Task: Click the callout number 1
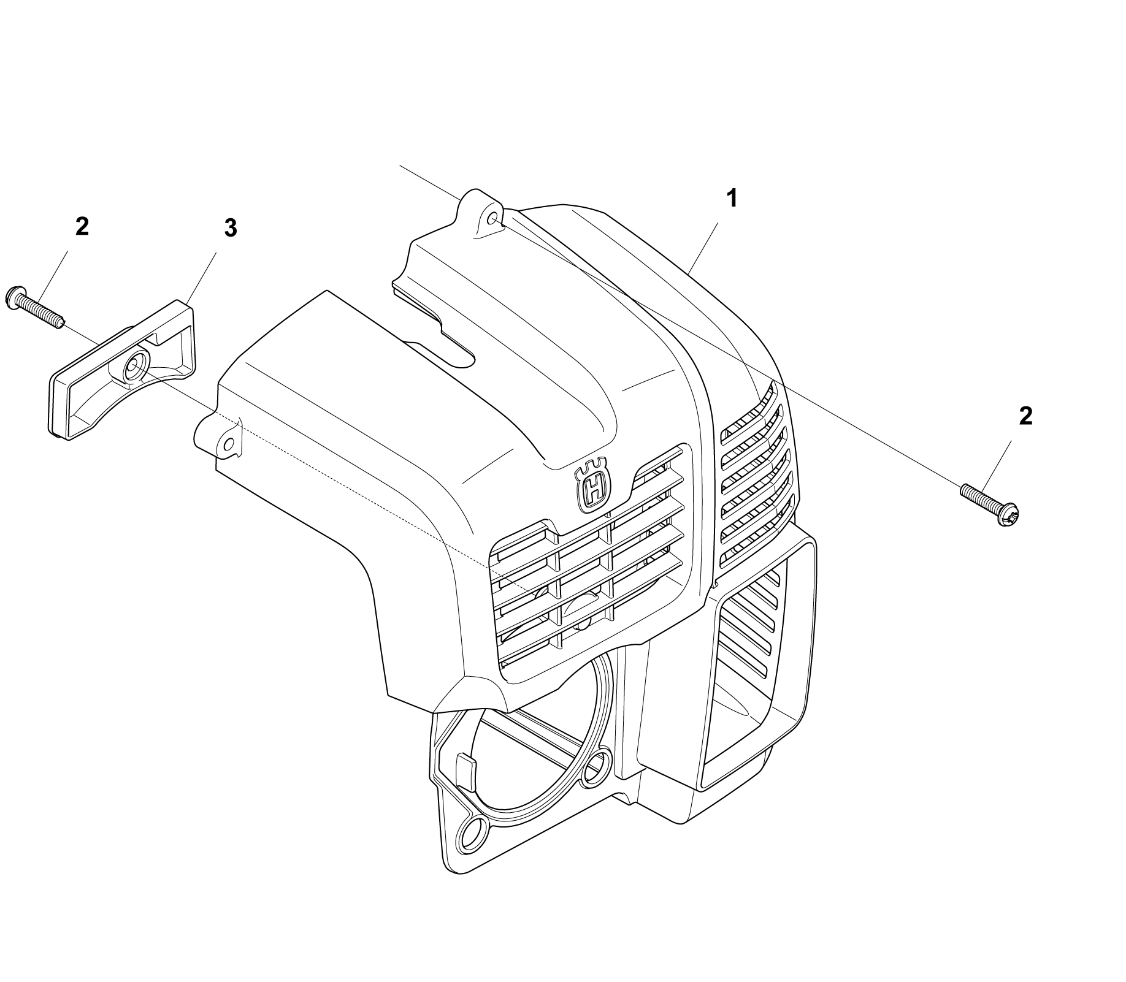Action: coord(732,199)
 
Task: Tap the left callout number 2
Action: coord(82,227)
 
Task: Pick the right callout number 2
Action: coord(1025,416)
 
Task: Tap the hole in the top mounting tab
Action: coord(491,218)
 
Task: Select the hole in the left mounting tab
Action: coord(229,443)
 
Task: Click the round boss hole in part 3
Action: coord(132,367)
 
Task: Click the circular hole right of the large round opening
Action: coord(596,766)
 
